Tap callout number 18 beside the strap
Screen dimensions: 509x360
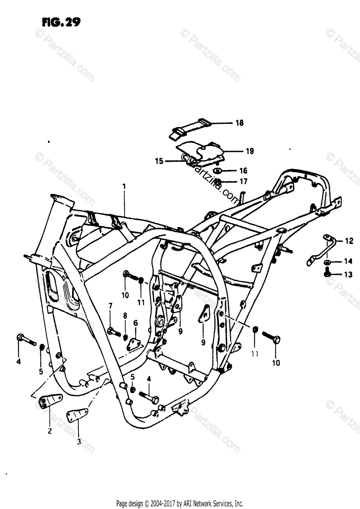click(240, 123)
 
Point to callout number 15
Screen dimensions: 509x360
click(159, 161)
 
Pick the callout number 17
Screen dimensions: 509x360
click(243, 182)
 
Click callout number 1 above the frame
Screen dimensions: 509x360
click(124, 186)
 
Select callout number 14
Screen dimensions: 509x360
click(348, 261)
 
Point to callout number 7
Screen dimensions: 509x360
click(110, 306)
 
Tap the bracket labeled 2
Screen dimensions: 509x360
click(50, 401)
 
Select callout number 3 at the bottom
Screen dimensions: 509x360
click(78, 442)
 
